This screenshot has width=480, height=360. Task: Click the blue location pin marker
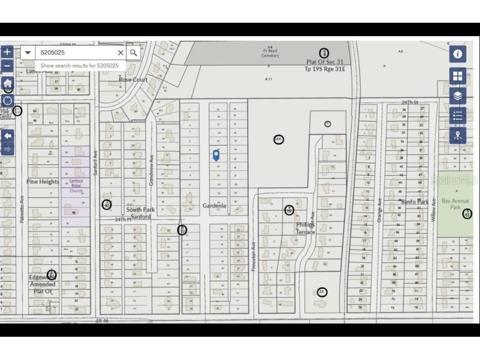point(216,154)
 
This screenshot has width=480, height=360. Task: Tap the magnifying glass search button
point(134,53)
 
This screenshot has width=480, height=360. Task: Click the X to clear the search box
point(121,53)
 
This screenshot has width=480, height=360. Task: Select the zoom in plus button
point(7,52)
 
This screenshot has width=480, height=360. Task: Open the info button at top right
point(457,54)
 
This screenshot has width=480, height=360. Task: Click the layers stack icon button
point(457,96)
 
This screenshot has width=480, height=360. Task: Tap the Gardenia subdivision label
point(214,206)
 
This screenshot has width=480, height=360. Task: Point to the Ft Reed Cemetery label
point(270,54)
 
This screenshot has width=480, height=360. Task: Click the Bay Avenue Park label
point(452,204)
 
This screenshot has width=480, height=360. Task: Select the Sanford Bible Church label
point(76,186)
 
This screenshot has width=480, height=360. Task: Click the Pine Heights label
point(43,182)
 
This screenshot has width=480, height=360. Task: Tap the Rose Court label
point(133,80)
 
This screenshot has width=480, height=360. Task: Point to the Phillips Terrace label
point(305,228)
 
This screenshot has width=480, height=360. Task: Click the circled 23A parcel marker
point(279,139)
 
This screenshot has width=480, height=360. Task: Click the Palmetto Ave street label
point(22,209)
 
